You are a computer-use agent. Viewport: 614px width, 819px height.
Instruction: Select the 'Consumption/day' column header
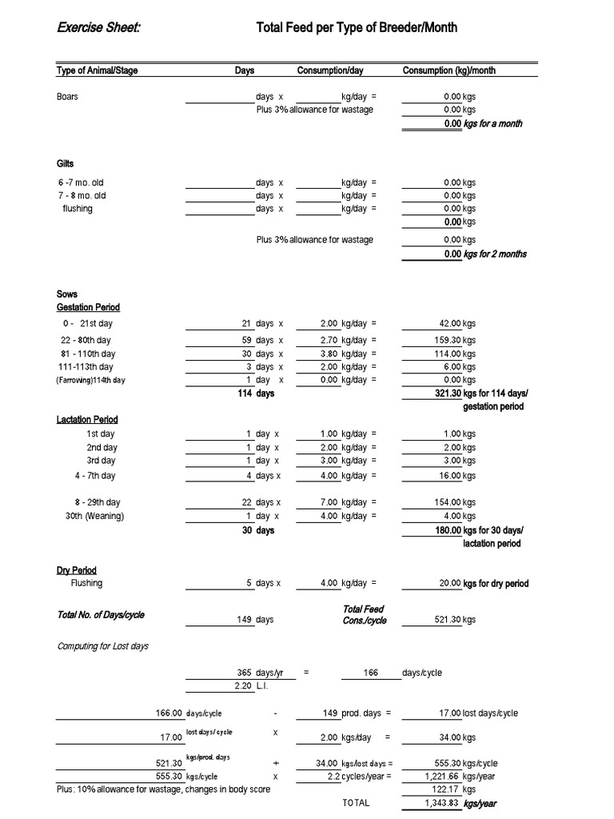(330, 70)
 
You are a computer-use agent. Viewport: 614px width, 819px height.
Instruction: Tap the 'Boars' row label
(67, 97)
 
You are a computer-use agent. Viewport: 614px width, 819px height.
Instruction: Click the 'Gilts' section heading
(65, 163)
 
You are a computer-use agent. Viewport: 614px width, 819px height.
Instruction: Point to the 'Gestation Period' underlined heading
(88, 307)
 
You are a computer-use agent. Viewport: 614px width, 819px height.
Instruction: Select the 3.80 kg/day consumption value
(329, 354)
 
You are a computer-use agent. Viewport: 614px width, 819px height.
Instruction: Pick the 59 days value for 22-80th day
(246, 340)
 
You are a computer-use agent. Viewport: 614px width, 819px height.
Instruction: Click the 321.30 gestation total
(446, 394)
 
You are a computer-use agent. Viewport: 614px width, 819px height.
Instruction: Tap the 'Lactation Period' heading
(87, 420)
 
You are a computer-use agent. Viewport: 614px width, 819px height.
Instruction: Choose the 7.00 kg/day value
(329, 502)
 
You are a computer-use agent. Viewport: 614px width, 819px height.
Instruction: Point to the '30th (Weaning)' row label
(95, 516)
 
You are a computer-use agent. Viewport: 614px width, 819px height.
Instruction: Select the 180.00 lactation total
(446, 530)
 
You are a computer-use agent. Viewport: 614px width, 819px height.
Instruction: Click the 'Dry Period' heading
(77, 570)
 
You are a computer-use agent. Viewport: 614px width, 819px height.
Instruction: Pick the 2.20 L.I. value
(243, 686)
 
